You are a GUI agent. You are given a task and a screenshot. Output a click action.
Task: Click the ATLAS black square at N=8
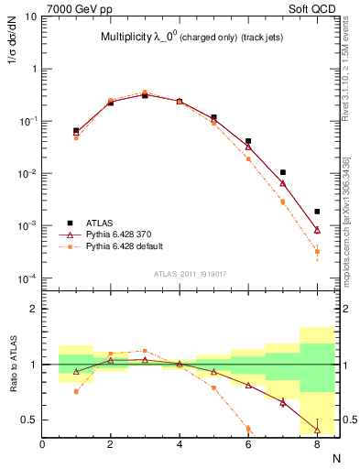pos(317,212)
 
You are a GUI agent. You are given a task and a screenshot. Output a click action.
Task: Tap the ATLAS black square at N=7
pos(283,172)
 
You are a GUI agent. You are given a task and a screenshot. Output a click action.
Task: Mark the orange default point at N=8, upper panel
pos(317,251)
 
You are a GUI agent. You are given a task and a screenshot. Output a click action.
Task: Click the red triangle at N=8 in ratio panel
pos(317,430)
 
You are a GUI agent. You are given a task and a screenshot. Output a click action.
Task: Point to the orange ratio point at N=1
pos(76,391)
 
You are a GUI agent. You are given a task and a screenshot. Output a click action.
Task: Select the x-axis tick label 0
pos(42,445)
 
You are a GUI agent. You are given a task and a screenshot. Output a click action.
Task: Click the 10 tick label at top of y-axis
pos(30,16)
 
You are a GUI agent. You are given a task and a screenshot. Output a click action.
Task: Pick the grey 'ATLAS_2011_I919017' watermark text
pos(191,273)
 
